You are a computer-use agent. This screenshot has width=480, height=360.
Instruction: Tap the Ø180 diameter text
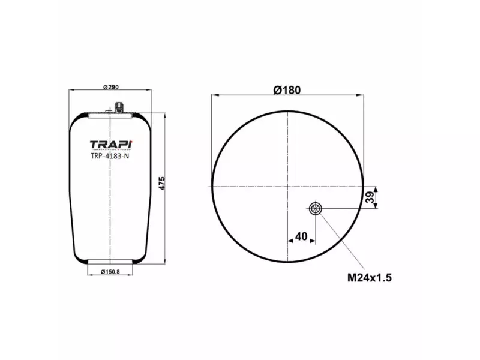[287, 89]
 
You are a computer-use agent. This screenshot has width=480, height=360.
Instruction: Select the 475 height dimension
[161, 184]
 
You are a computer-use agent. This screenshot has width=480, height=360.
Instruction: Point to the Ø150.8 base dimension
[110, 272]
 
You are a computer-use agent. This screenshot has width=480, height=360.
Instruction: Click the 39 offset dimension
[370, 196]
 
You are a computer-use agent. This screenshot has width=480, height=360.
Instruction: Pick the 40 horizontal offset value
[301, 236]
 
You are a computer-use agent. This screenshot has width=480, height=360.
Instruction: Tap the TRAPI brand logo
[110, 145]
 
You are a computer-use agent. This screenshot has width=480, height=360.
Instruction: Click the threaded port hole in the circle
[315, 209]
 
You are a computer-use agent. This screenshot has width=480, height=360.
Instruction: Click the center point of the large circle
[288, 186]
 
